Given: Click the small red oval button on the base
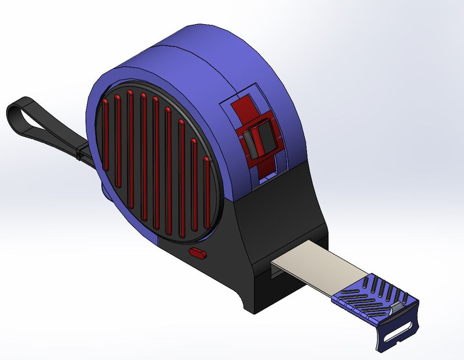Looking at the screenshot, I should click(x=197, y=253).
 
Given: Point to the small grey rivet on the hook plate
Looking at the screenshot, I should click(x=397, y=308).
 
